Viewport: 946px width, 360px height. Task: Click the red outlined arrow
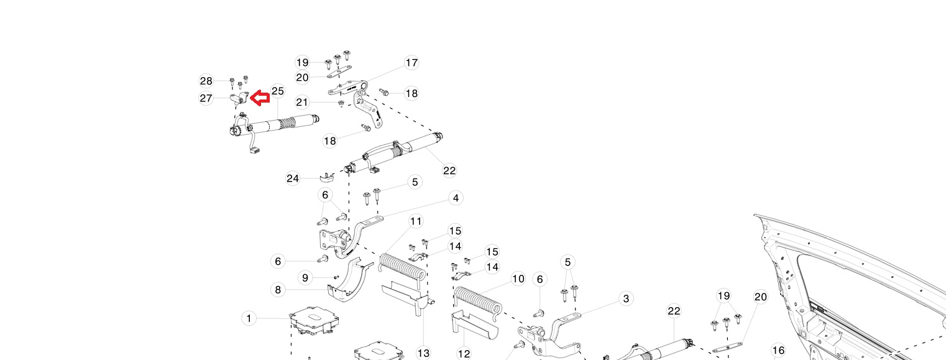(x=259, y=97)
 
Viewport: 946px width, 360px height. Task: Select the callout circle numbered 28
(x=206, y=81)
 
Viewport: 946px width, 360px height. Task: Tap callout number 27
(x=206, y=98)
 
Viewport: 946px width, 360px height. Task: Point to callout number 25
(x=278, y=91)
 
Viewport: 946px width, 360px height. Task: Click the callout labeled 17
(x=411, y=63)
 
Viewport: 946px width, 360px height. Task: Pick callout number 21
(x=303, y=102)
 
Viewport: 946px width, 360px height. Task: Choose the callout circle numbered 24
(x=293, y=178)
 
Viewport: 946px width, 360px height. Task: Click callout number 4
(x=456, y=198)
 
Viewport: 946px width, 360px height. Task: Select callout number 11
(x=416, y=221)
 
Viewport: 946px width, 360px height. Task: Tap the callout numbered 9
(x=305, y=277)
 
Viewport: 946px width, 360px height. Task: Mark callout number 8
(x=278, y=290)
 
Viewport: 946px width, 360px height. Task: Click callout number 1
(x=249, y=318)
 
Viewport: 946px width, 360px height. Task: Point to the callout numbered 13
(x=423, y=353)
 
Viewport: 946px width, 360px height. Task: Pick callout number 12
(x=464, y=353)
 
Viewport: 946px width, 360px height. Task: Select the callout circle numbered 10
(x=518, y=279)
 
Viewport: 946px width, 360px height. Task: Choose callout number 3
(x=626, y=298)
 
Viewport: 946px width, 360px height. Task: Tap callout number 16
(x=778, y=351)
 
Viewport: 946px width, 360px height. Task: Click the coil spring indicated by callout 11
(x=402, y=266)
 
